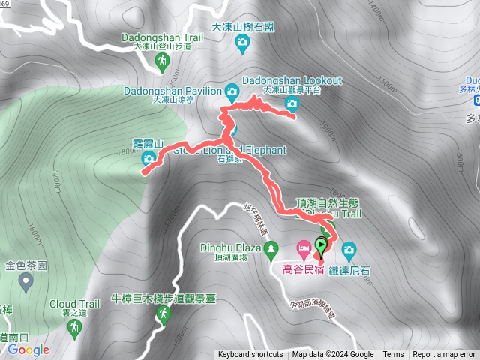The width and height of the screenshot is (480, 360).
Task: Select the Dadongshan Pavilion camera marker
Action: point(232,91)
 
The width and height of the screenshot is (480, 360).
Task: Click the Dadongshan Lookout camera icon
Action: point(292,103)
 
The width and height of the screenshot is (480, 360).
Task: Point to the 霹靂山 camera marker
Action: point(148,158)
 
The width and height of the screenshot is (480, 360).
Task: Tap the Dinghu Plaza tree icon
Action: point(268,247)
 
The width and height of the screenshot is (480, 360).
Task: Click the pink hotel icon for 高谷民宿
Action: point(303,247)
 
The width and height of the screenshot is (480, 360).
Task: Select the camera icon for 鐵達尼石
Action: point(348,248)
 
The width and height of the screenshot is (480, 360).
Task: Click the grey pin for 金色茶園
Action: point(26,282)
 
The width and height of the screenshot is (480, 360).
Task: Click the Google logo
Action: point(28,349)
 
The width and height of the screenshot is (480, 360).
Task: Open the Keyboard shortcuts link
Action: point(250,355)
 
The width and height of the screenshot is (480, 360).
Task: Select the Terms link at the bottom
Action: point(393,355)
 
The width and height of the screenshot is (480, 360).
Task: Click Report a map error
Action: point(444,355)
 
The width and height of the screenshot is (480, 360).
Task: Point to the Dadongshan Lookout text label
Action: point(292,80)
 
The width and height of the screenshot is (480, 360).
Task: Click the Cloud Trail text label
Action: point(74,304)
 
